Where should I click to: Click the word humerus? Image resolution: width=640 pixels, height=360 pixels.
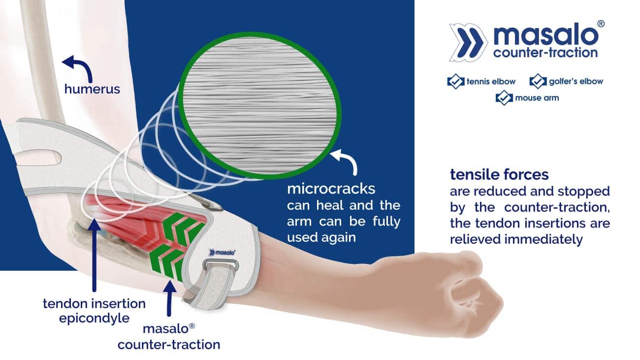92,89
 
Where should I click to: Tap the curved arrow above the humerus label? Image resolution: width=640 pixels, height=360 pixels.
81,65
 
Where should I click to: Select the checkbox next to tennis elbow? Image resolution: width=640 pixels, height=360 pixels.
455,81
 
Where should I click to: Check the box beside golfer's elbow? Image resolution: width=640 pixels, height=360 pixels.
538,81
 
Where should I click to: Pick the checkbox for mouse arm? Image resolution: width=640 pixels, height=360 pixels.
504,98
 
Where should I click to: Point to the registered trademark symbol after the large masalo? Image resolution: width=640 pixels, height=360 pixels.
601,24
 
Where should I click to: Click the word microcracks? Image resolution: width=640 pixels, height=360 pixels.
331,189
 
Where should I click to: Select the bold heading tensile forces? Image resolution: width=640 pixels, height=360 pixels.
499,174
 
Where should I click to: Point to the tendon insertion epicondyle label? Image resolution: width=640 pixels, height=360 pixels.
95,311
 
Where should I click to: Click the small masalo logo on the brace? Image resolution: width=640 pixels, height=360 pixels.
223,253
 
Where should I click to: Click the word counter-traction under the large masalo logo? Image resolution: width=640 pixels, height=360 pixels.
545,53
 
